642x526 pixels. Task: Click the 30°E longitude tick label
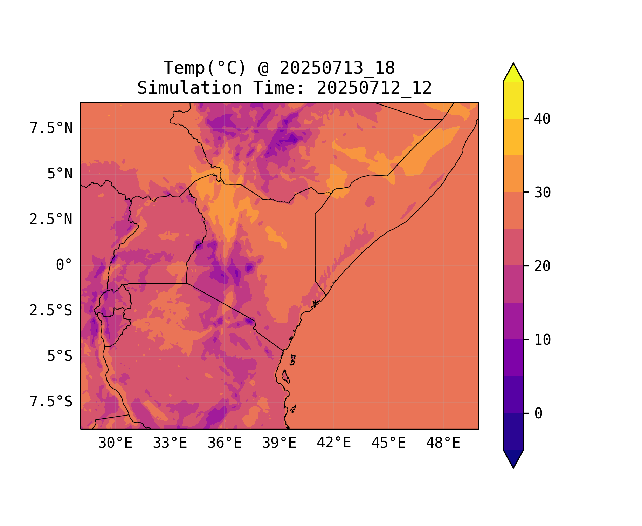click(x=115, y=443)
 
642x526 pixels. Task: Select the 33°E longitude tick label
click(x=170, y=443)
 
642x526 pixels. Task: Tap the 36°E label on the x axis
click(x=225, y=443)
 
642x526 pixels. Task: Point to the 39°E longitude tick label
click(x=279, y=443)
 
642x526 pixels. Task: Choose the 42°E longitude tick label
click(x=334, y=443)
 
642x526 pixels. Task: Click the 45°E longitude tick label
click(x=388, y=443)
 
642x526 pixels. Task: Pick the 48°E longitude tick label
click(x=443, y=443)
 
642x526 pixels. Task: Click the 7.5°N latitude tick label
click(x=51, y=128)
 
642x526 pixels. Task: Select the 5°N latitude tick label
click(x=60, y=174)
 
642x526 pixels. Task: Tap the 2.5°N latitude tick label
click(x=51, y=220)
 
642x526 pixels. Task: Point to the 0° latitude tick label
click(x=64, y=265)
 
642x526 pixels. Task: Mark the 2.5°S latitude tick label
click(x=51, y=311)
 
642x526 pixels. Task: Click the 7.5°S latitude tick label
click(x=51, y=402)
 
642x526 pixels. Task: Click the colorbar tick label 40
click(x=542, y=119)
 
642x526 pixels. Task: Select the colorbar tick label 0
click(x=538, y=414)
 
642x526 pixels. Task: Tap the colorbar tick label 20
click(x=542, y=266)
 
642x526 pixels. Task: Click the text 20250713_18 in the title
click(x=337, y=68)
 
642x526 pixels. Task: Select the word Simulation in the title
click(x=189, y=88)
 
